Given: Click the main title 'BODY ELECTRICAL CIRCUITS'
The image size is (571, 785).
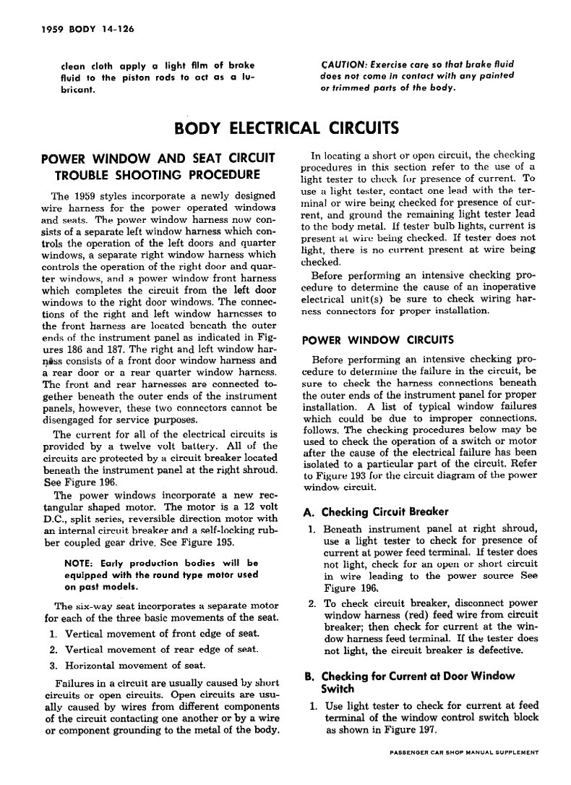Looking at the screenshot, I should click(x=286, y=129).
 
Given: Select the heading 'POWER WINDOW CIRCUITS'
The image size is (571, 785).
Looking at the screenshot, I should click(x=377, y=339).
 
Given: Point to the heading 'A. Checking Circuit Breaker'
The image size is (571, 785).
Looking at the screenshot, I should click(x=375, y=512).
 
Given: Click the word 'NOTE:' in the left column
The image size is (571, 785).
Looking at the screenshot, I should click(x=78, y=562).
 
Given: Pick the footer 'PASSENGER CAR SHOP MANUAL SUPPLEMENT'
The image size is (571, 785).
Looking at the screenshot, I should click(x=463, y=752).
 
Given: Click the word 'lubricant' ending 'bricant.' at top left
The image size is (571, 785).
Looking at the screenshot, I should click(x=78, y=89).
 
